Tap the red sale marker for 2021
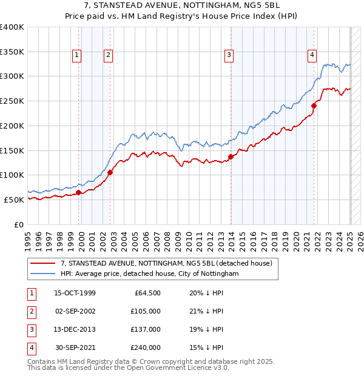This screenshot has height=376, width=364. coord(314,106)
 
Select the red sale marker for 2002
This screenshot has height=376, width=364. coord(110,172)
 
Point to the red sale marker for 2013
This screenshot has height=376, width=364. coord(231,156)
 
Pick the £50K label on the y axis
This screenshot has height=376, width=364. coord(14,200)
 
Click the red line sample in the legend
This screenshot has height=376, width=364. coord(42,263)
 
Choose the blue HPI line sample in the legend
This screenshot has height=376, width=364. coord(42,274)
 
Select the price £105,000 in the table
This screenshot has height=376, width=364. coord(146,312)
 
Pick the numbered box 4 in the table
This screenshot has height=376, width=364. coord(30,348)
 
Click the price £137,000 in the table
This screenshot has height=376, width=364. coord(146,330)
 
